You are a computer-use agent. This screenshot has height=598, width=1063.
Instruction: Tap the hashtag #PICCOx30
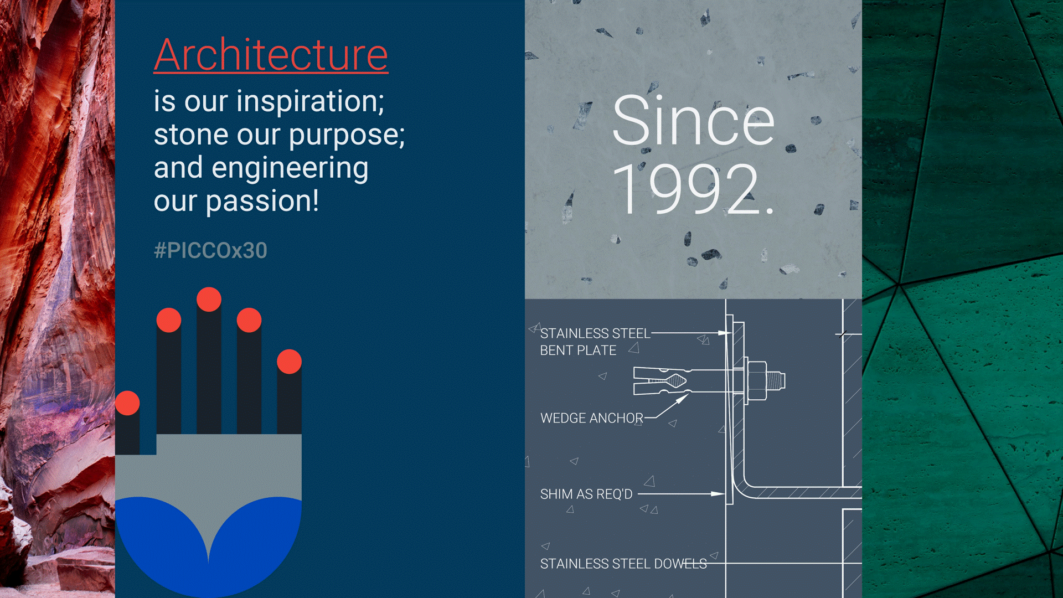tap(210, 250)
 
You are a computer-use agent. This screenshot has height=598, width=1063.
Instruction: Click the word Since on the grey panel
tap(693, 121)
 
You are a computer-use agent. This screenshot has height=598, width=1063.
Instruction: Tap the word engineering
tap(290, 168)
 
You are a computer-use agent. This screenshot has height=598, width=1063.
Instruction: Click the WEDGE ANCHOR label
tap(592, 418)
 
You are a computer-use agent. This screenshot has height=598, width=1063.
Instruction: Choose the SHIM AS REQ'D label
tap(586, 494)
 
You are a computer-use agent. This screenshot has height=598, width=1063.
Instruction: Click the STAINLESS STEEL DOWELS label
tap(623, 564)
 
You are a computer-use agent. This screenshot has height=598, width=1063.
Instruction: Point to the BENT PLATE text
tap(578, 350)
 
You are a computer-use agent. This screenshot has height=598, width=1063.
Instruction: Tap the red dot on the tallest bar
tap(209, 300)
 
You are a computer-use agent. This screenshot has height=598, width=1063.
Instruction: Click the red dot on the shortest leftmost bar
tap(127, 403)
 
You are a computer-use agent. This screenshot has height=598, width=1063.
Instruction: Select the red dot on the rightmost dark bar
tap(289, 362)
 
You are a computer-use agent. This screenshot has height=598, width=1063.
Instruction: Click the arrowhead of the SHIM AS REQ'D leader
tap(718, 494)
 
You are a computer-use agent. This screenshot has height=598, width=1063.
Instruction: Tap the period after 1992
tap(769, 211)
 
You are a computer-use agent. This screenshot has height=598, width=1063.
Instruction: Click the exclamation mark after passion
tap(316, 200)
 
